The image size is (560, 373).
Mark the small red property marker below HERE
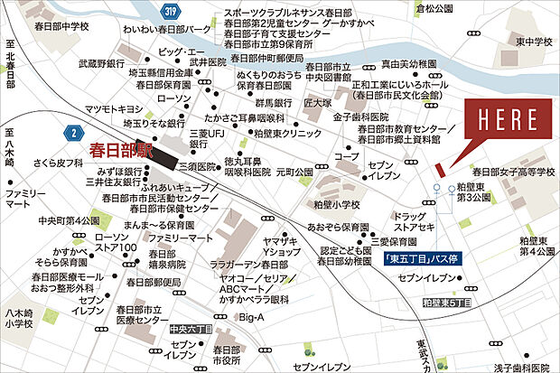click(x=439, y=169)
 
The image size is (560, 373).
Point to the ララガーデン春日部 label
click(x=249, y=264)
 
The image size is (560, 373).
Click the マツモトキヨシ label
click(x=113, y=109)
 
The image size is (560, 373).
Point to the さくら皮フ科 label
click(x=57, y=165)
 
